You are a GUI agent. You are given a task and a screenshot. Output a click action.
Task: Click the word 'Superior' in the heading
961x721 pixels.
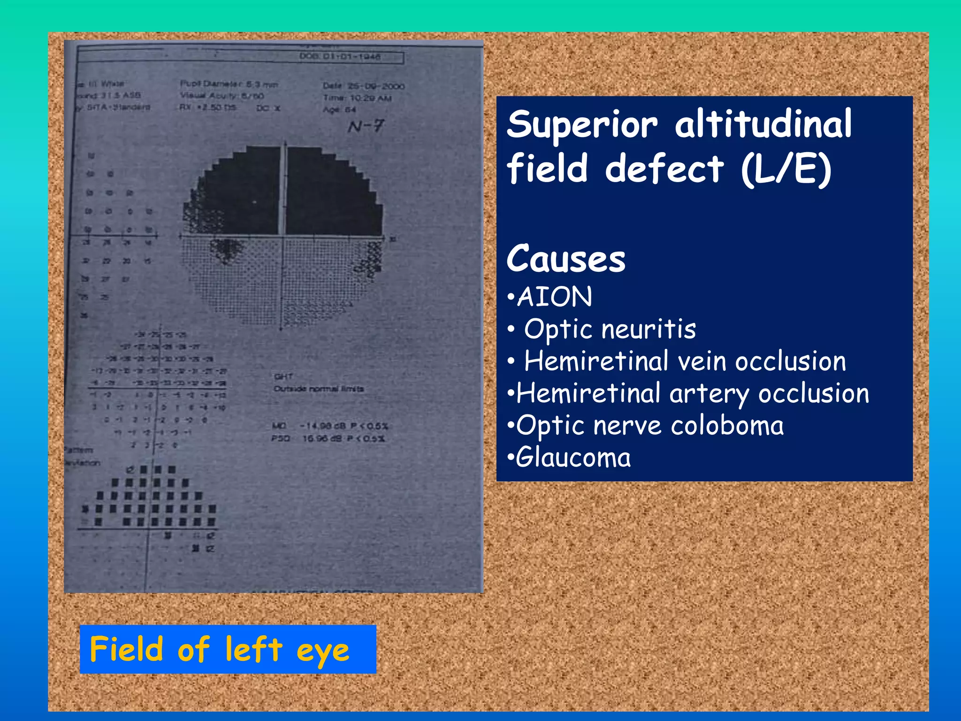pyautogui.click(x=582, y=125)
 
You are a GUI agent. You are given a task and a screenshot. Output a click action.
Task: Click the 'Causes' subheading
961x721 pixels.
pyautogui.click(x=566, y=259)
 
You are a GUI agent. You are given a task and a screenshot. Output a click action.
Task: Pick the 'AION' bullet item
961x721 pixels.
pyautogui.click(x=554, y=297)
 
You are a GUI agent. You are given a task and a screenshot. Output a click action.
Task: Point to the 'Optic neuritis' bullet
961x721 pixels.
pyautogui.click(x=610, y=329)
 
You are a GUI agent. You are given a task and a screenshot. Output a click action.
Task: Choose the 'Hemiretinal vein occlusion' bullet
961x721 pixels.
pyautogui.click(x=685, y=361)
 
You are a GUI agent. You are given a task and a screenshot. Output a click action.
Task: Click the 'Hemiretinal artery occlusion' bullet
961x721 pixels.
pyautogui.click(x=692, y=393)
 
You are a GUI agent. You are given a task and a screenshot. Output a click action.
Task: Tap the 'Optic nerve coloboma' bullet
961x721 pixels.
pyautogui.click(x=649, y=426)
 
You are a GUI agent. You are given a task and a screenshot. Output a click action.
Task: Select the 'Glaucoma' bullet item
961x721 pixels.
pyautogui.click(x=573, y=458)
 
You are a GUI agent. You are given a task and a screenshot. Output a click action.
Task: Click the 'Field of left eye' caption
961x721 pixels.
pyautogui.click(x=220, y=650)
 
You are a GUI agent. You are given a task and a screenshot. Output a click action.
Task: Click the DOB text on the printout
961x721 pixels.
pyautogui.click(x=340, y=57)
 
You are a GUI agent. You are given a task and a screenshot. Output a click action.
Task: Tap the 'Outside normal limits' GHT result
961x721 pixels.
pyautogui.click(x=319, y=389)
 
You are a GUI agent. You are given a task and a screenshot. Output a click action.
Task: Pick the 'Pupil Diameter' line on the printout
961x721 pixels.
pyautogui.click(x=229, y=84)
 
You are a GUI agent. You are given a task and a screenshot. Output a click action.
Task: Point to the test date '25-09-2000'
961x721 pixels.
pyautogui.click(x=375, y=86)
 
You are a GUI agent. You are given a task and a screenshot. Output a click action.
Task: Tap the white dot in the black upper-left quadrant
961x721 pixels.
pyautogui.click(x=255, y=202)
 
